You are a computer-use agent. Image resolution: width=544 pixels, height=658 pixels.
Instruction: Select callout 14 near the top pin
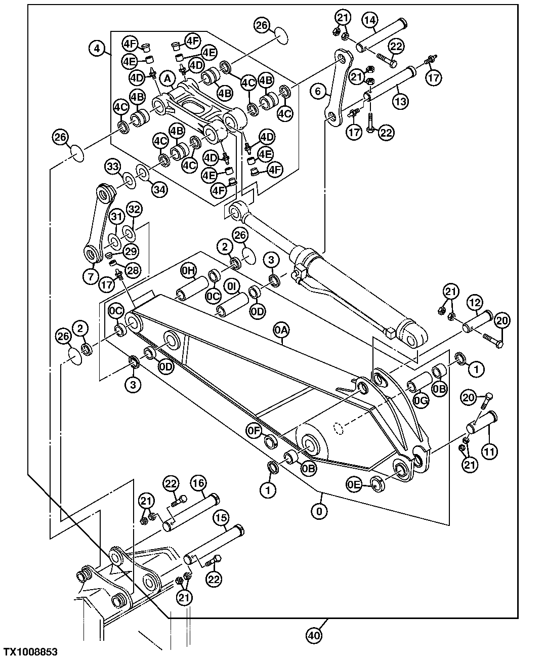(x=370, y=20)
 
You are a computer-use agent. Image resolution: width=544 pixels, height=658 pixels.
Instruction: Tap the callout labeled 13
(x=400, y=101)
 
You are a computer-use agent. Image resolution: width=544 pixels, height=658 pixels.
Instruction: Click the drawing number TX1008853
(x=30, y=651)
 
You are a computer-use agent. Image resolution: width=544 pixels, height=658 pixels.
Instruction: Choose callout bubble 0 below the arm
(x=319, y=511)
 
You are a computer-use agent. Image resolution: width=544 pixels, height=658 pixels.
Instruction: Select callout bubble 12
(x=474, y=303)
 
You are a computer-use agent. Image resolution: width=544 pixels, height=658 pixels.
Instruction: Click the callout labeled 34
(x=158, y=189)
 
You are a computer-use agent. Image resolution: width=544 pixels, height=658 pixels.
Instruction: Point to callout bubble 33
(x=113, y=167)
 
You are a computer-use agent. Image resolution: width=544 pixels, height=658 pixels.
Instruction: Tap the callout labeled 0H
(x=188, y=272)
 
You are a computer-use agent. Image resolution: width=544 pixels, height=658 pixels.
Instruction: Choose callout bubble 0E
(x=355, y=485)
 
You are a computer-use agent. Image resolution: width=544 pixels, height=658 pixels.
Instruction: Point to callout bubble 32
(x=134, y=209)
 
